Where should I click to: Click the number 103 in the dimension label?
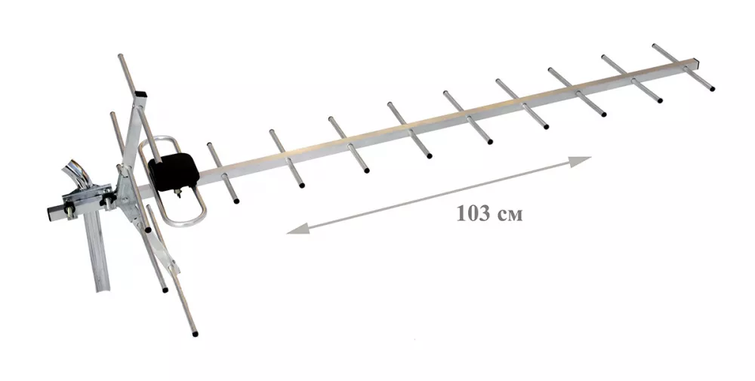[473, 214]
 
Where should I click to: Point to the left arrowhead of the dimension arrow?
[297, 229]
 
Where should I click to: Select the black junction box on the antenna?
[174, 171]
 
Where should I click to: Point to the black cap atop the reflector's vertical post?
[140, 94]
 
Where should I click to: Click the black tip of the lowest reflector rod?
[195, 333]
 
